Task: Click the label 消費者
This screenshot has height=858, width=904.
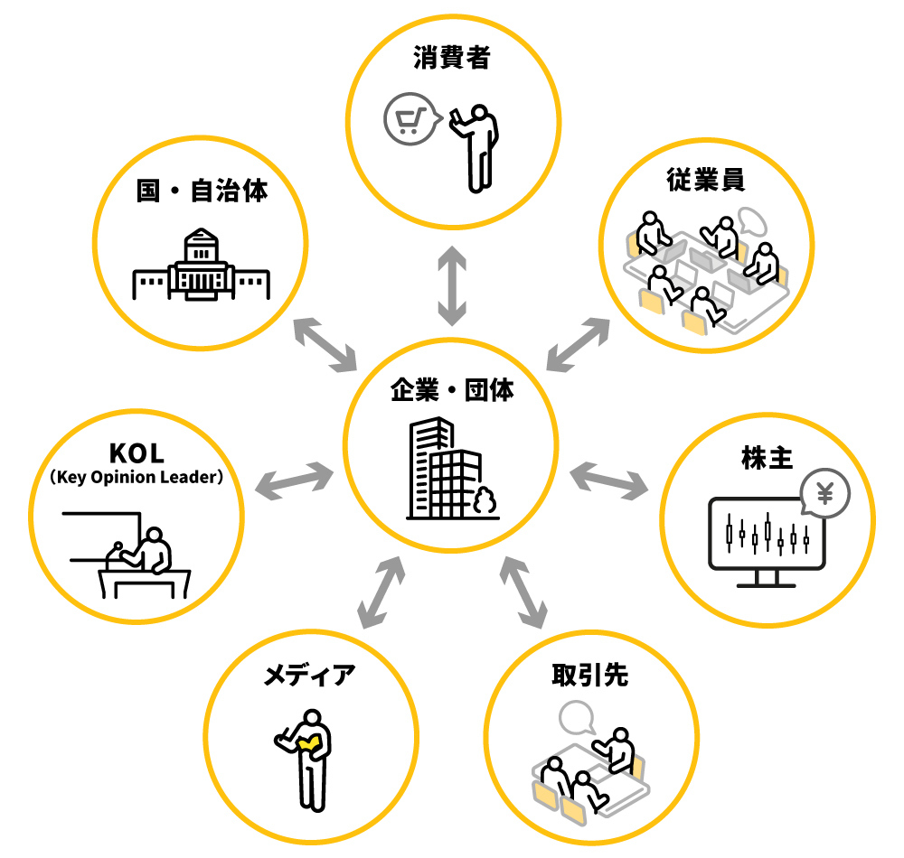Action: [451, 61]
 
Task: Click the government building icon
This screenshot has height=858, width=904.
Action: [201, 267]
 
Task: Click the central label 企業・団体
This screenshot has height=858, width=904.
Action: [451, 392]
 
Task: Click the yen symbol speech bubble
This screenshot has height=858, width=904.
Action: [824, 494]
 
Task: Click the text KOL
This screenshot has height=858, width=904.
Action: [137, 452]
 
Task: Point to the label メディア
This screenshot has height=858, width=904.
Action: [310, 676]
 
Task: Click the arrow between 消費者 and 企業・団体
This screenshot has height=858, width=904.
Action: [451, 287]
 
